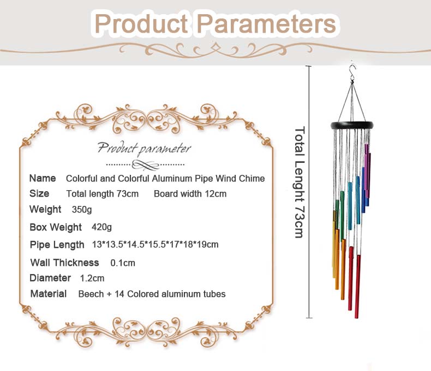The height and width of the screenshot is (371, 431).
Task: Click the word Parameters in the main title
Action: pyautogui.click(x=266, y=24)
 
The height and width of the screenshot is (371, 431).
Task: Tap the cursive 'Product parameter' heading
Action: pyautogui.click(x=145, y=148)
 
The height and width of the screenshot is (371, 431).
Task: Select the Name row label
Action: pyautogui.click(x=43, y=178)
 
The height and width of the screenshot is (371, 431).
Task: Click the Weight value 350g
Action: pyautogui.click(x=82, y=209)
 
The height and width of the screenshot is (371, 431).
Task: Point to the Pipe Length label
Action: pyautogui.click(x=57, y=245)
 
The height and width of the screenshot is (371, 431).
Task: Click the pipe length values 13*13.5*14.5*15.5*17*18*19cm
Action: pyautogui.click(x=155, y=245)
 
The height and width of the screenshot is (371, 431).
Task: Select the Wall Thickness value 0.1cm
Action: pyautogui.click(x=123, y=263)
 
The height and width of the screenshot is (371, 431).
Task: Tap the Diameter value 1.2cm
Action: pyautogui.click(x=92, y=278)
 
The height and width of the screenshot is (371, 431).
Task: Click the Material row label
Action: pyautogui.click(x=49, y=294)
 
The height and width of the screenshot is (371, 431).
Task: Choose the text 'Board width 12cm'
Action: pyautogui.click(x=190, y=194)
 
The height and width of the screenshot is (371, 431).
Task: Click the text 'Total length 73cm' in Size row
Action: pyautogui.click(x=102, y=194)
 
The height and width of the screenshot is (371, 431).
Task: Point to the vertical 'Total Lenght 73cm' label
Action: pyautogui.click(x=298, y=182)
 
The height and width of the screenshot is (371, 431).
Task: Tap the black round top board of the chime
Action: pyautogui.click(x=352, y=125)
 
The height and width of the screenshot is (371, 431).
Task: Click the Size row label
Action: pyautogui.click(x=39, y=193)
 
